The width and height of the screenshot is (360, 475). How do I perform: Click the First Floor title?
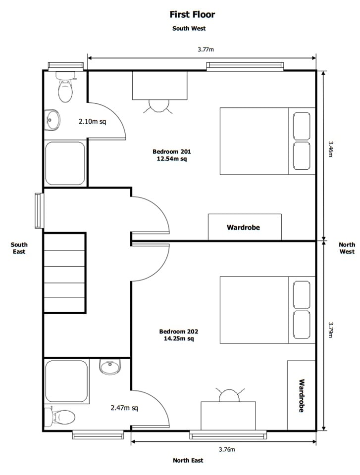pyautogui.click(x=192, y=15)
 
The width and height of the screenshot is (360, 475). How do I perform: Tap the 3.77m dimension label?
pyautogui.click(x=205, y=49)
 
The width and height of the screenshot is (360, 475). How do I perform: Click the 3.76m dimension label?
pyautogui.click(x=227, y=449)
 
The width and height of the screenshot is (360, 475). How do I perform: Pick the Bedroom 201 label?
pyautogui.click(x=171, y=155)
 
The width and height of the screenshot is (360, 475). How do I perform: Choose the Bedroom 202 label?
pyautogui.click(x=178, y=335)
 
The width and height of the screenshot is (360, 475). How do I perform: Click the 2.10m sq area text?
pyautogui.click(x=92, y=121)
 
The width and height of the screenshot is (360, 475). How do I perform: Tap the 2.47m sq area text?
pyautogui.click(x=124, y=408)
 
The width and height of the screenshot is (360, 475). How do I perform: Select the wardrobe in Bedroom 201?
pyautogui.click(x=244, y=227)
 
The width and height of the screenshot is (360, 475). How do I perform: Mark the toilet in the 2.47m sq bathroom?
pyautogui.click(x=60, y=416)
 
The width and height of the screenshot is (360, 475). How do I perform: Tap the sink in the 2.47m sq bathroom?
pyautogui.click(x=110, y=367)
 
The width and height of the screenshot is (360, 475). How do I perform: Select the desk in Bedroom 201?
pyautogui.click(x=160, y=85)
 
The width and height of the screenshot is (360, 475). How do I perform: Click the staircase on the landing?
pyautogui.click(x=64, y=273)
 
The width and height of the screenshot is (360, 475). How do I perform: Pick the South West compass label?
pyautogui.click(x=189, y=28)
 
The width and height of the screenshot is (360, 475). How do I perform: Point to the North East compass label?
pyautogui.click(x=188, y=460)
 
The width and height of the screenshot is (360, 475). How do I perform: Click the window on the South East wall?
pyautogui.click(x=38, y=211)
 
